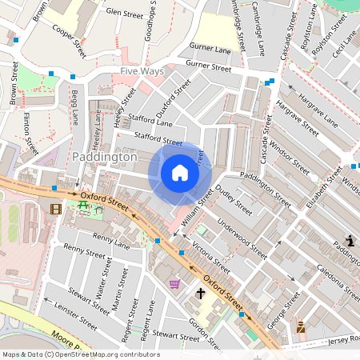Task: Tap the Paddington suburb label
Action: pyautogui.click(x=105, y=158)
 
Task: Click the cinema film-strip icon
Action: pyautogui.click(x=54, y=210)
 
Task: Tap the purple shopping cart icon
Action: pyautogui.click(x=174, y=284)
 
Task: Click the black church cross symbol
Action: pyautogui.click(x=201, y=294)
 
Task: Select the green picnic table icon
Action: pyautogui.click(x=83, y=207)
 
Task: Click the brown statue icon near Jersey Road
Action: pyautogui.click(x=301, y=326)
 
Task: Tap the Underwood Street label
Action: pyautogui.click(x=242, y=238)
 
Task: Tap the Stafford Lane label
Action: pyautogui.click(x=153, y=123)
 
